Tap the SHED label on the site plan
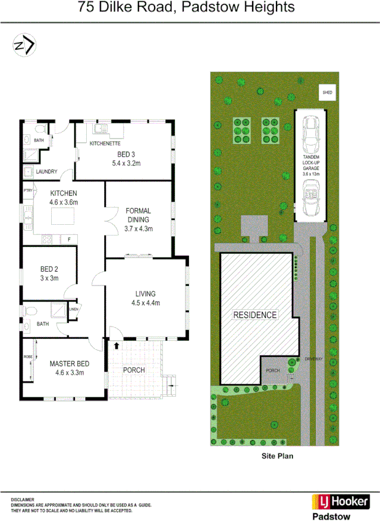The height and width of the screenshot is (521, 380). (327, 93)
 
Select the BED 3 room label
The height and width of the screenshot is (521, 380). (125, 153)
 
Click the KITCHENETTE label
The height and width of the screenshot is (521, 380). (105, 144)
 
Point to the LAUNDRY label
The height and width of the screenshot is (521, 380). (46, 172)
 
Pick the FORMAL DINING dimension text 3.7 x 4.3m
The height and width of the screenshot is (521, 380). (139, 228)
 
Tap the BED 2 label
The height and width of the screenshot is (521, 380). (45, 268)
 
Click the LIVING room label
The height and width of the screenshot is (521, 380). (145, 294)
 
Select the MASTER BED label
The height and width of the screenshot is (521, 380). (70, 364)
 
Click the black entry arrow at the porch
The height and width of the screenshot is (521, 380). (117, 344)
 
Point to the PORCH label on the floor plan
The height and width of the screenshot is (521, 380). (134, 370)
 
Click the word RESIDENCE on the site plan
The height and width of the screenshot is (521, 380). (255, 315)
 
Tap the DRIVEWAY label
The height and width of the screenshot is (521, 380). (313, 359)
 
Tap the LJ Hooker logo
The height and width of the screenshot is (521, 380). (340, 501)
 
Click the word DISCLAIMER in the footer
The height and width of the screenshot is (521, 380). (22, 500)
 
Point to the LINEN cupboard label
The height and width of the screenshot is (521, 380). (74, 309)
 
